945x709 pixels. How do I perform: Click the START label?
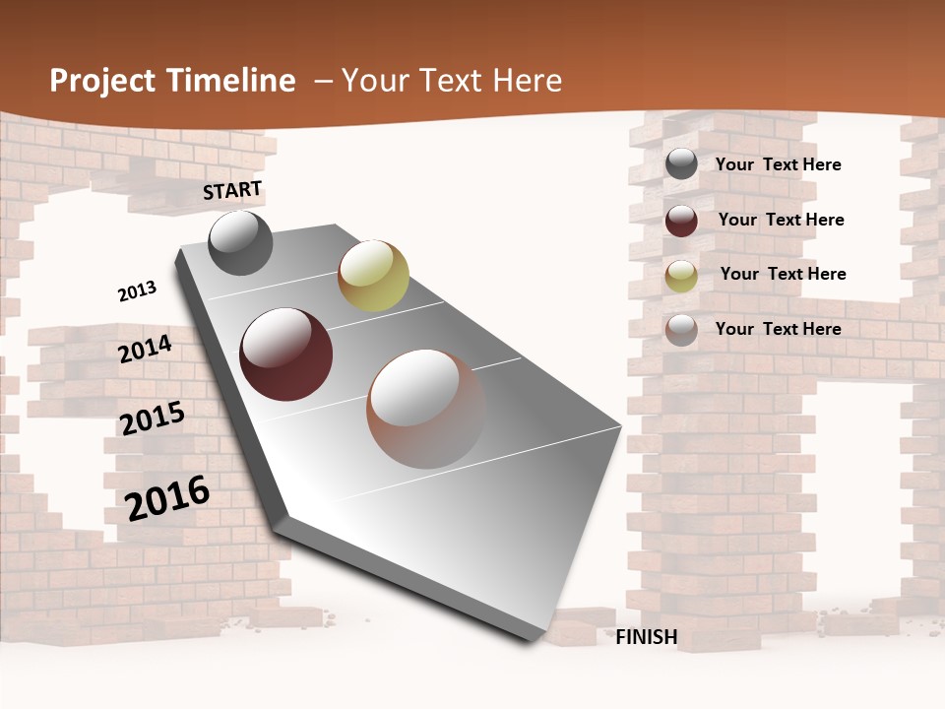pyautogui.click(x=232, y=190)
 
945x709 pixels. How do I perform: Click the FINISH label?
pyautogui.click(x=646, y=637)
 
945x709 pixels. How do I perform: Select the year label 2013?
pyautogui.click(x=137, y=291)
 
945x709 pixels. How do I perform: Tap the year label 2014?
pyautogui.click(x=145, y=350)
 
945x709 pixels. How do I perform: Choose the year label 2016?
pyautogui.click(x=167, y=497)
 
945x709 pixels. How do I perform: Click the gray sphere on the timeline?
pyautogui.click(x=240, y=242)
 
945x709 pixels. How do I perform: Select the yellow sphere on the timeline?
pyautogui.click(x=373, y=276)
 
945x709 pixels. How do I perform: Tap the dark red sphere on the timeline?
pyautogui.click(x=285, y=354)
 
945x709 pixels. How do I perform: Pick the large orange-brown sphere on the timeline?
pyautogui.click(x=426, y=409)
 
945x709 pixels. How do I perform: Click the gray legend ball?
pyautogui.click(x=681, y=163)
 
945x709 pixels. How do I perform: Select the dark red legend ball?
pyautogui.click(x=681, y=221)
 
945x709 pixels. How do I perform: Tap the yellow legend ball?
pyautogui.click(x=681, y=275)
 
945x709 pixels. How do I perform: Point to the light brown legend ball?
pyautogui.click(x=681, y=330)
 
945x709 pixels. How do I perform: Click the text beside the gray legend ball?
pyautogui.click(x=778, y=164)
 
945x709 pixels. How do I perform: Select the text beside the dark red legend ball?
pyautogui.click(x=781, y=220)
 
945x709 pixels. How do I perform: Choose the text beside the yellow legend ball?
pyautogui.click(x=783, y=274)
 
